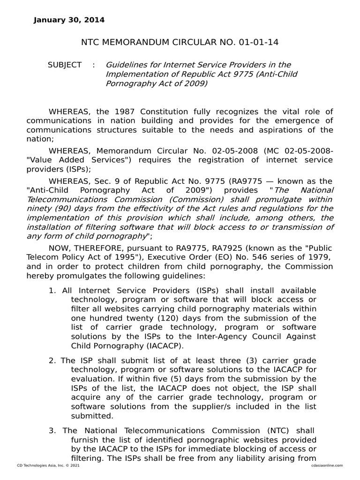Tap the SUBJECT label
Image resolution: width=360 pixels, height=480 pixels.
[65, 65]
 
